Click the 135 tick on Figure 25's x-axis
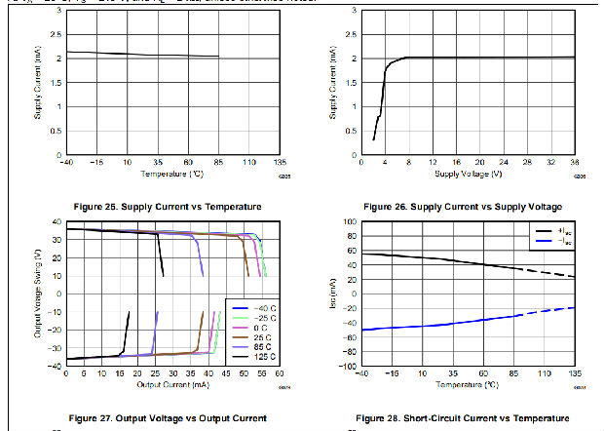point(280,162)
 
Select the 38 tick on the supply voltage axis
point(574,162)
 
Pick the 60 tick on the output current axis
point(279,372)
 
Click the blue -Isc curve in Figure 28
point(438,322)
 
